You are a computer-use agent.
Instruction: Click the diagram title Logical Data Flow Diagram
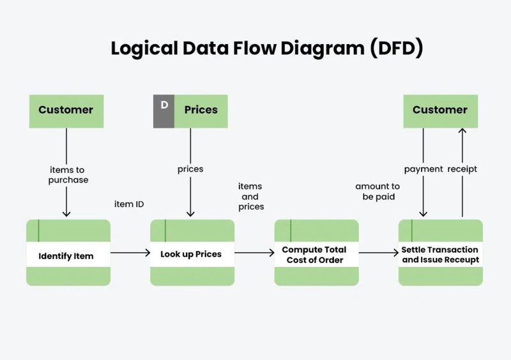[x=266, y=49]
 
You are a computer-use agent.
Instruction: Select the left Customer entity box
[x=65, y=110]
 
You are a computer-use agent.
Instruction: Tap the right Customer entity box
[x=439, y=110]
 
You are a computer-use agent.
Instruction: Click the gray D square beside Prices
[x=164, y=110]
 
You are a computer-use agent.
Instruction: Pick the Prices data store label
[x=201, y=110]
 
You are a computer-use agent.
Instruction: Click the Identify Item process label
[x=66, y=256]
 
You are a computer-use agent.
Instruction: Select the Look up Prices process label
[x=191, y=254]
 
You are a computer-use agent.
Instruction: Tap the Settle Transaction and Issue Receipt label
[x=440, y=255]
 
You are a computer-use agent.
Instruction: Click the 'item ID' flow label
[x=129, y=204]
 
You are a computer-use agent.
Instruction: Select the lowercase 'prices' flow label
[x=190, y=169]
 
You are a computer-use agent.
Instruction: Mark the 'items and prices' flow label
[x=250, y=196]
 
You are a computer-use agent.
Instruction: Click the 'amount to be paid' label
[x=378, y=191]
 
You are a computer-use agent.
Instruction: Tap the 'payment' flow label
[x=423, y=169]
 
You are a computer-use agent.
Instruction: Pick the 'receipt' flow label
[x=462, y=169]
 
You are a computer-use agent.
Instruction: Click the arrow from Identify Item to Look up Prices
[x=130, y=253]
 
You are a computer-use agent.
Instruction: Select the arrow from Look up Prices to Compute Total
[x=254, y=253]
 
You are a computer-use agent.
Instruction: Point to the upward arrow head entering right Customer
[x=462, y=131]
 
